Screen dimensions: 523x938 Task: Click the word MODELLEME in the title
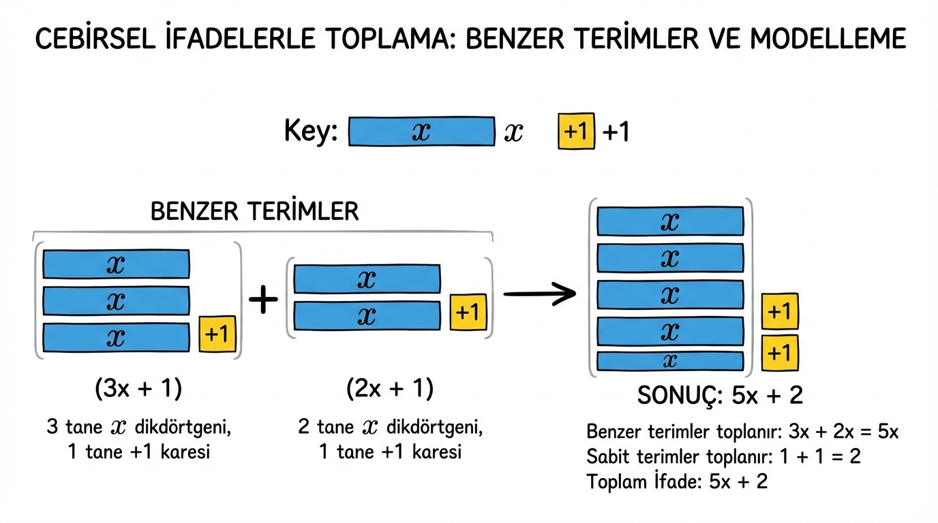828,39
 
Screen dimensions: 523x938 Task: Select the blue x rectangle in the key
421,131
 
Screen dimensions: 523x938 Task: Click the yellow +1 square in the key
576,131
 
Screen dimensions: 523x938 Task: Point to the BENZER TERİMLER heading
254,211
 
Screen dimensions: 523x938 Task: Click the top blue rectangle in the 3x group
116,264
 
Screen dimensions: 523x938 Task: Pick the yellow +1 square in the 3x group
217,334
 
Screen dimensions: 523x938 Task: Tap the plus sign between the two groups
263,299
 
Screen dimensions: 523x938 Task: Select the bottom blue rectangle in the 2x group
367,315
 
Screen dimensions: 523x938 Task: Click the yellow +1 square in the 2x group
468,312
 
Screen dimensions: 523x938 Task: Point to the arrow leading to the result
539,294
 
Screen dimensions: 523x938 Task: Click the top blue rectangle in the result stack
670,221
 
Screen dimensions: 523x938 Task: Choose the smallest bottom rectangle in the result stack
670,361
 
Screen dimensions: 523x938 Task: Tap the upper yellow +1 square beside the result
779,311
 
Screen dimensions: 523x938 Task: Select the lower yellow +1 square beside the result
779,353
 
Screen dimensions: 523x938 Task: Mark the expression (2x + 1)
389,389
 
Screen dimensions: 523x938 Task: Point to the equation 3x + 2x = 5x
843,432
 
